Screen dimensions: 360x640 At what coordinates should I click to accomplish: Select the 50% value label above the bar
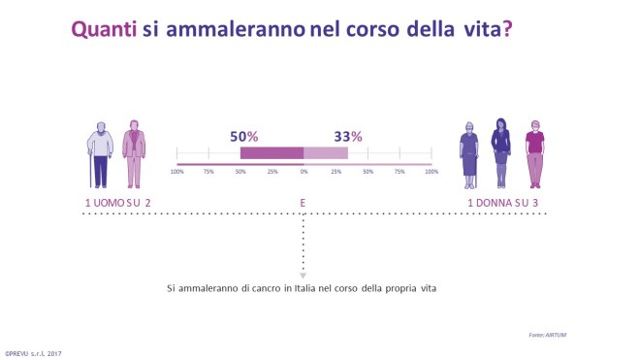coord(243,137)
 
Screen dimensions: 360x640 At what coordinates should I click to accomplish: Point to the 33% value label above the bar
coord(348,137)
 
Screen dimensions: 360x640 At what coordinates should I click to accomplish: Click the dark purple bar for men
coord(272,153)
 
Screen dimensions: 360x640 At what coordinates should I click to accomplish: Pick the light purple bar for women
coord(326,153)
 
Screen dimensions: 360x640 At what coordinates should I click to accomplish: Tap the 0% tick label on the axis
coord(304,172)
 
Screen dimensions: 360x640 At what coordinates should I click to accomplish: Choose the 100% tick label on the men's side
coord(176,172)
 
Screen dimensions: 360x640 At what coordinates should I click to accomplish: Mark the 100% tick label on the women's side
coord(431,172)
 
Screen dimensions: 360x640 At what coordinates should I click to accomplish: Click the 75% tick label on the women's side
coord(400,172)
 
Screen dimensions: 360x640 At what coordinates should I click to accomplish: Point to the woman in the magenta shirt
coord(532,153)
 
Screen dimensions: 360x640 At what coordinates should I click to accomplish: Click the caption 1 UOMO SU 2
coord(118,202)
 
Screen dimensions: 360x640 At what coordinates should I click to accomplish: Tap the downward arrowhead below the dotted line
coord(304,276)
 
